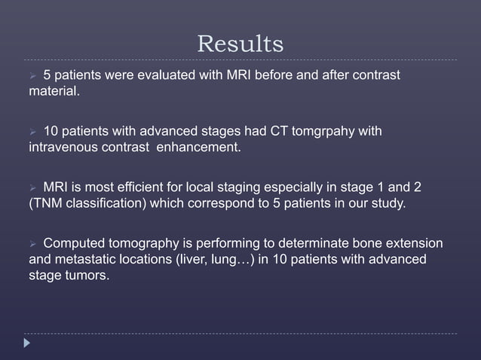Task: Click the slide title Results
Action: (x=240, y=44)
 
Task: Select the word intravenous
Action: (x=60, y=147)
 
